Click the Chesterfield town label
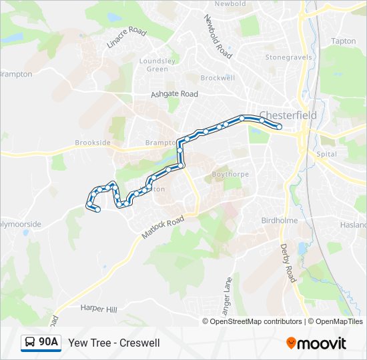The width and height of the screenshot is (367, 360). tap(288, 115)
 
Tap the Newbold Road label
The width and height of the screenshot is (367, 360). tap(218, 37)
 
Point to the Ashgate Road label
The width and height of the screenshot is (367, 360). tap(175, 95)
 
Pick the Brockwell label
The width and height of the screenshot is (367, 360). tap(218, 78)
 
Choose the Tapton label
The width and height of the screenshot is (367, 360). tap(344, 41)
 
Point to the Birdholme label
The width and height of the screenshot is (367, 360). tap(278, 220)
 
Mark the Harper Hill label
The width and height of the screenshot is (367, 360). tap(98, 308)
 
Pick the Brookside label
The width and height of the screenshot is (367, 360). tap(92, 143)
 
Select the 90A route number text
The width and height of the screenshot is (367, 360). tap(48, 343)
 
